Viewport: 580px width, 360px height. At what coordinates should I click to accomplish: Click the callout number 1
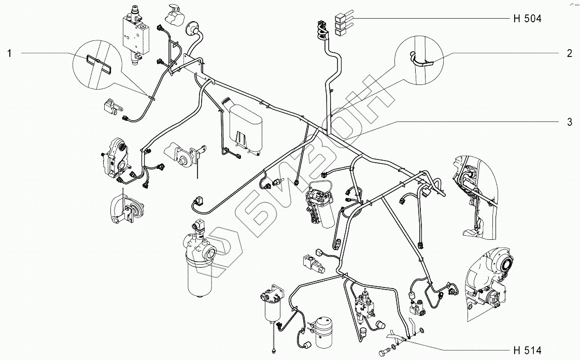pos(9,53)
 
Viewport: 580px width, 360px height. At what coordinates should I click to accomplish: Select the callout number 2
pos(569,53)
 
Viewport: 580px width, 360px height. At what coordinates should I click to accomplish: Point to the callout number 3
pos(569,122)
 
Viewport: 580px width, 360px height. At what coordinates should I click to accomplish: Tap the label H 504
pos(527,19)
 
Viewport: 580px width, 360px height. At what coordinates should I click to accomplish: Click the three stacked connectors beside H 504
pos(341,26)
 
